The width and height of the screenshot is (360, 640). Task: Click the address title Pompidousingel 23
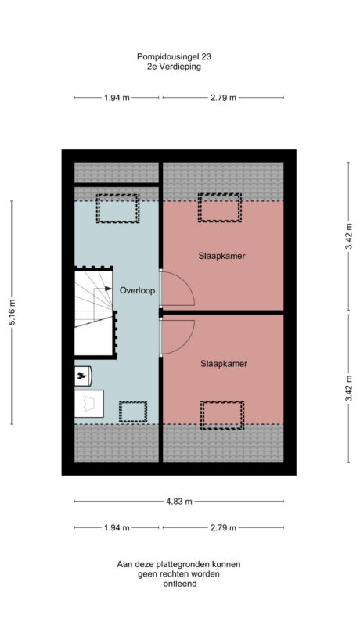173,56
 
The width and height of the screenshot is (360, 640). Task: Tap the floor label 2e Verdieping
173,67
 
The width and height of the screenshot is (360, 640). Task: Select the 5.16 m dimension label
12,312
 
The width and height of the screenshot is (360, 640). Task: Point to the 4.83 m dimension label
179,502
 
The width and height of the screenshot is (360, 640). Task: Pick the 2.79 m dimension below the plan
223,527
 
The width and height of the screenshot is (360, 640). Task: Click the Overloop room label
138,290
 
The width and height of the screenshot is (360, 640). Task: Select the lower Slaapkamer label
221,363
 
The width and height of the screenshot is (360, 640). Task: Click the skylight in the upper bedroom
220,208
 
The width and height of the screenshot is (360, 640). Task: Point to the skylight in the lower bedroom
222,415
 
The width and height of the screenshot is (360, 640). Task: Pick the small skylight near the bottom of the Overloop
132,411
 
